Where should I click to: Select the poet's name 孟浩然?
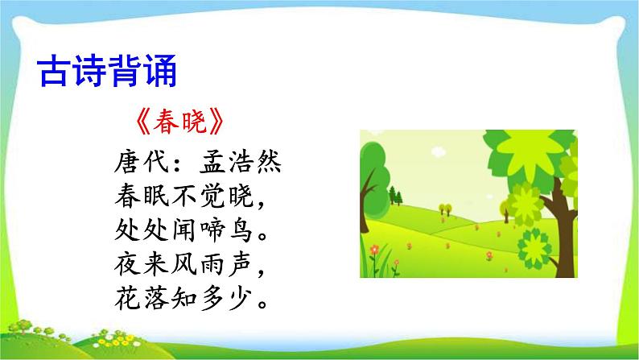[242, 163]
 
